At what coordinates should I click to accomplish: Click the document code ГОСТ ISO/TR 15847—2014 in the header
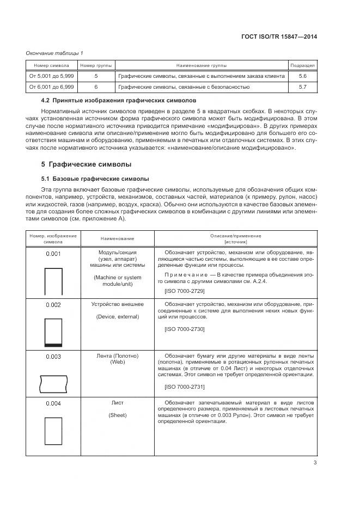point(279,37)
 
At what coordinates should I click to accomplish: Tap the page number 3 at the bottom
point(315,463)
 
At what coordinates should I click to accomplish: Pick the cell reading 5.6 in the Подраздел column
point(303,76)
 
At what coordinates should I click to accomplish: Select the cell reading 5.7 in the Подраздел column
point(303,87)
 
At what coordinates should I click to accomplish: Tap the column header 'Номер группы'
point(96,65)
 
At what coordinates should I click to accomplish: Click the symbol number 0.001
point(53,253)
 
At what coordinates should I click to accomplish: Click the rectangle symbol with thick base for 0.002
point(53,332)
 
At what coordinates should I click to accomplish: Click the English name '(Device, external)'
point(117,317)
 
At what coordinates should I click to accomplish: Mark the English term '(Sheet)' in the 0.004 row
point(117,415)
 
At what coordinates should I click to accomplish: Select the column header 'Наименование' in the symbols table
point(117,238)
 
